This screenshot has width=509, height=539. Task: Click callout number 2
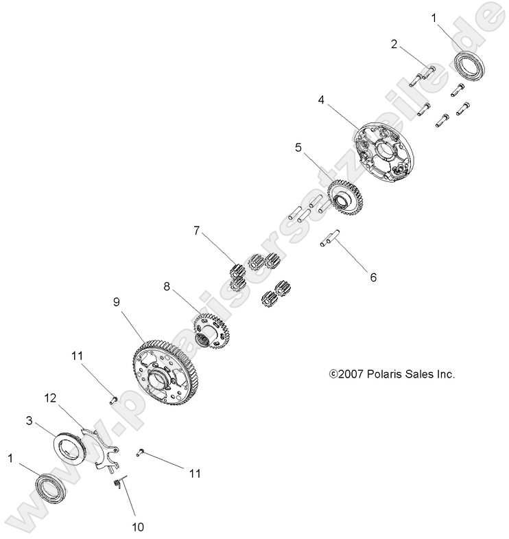point(394,45)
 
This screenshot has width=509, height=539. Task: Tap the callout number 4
point(321,100)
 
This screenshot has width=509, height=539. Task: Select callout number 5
point(298,147)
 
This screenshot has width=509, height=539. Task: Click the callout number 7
point(198,231)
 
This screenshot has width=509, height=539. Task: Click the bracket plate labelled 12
point(102,452)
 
